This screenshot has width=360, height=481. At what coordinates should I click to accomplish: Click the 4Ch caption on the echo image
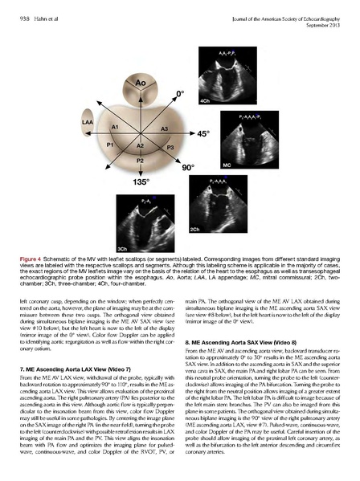click(205, 101)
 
